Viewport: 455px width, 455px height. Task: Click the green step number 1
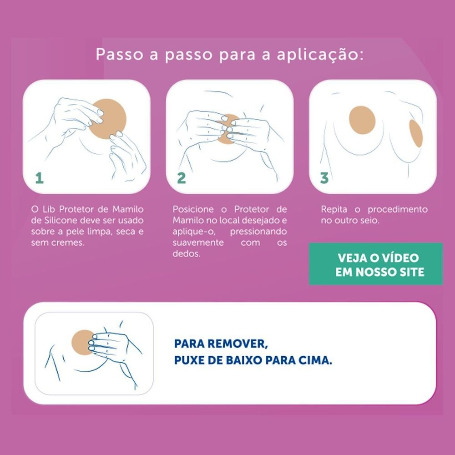tap(40, 178)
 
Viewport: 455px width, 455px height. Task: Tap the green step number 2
tap(182, 178)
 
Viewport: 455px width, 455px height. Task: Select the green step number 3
tap(324, 178)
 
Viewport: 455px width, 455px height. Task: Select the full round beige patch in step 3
tap(362, 120)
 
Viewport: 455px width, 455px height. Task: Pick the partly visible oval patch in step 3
tap(416, 133)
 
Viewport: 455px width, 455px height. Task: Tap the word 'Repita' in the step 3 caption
tap(334, 209)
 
